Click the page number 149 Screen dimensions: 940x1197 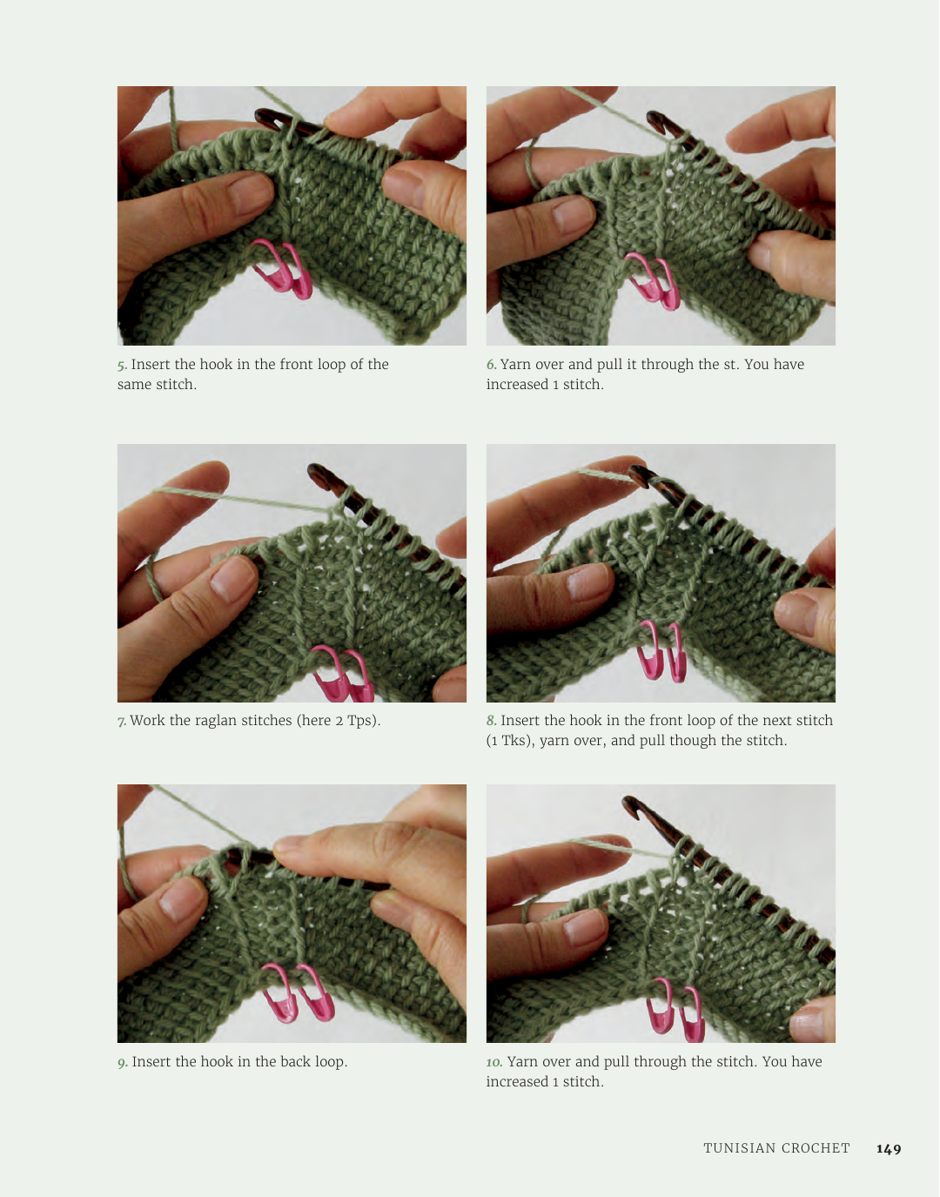point(889,1148)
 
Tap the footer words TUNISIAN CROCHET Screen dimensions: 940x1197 point(776,1148)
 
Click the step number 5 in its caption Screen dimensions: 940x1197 point(122,366)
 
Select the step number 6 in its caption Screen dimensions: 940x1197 point(491,365)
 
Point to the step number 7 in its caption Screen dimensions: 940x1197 point(122,721)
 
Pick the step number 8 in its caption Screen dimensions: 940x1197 point(491,721)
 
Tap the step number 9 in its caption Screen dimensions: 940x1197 point(122,1063)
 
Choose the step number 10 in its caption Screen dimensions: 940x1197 point(494,1061)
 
